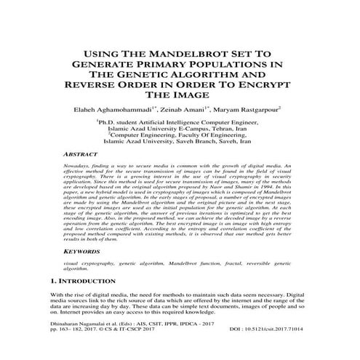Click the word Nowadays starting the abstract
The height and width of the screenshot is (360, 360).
click(77, 167)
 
